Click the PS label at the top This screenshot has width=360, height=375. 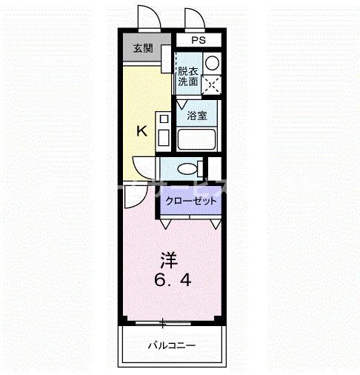(199, 40)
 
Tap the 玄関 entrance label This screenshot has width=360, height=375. (143, 49)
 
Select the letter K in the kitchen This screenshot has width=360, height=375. (142, 131)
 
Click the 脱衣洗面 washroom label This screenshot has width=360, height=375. (187, 76)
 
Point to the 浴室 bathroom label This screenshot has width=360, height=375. (196, 116)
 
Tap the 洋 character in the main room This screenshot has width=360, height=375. (170, 261)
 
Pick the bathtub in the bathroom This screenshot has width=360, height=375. (196, 139)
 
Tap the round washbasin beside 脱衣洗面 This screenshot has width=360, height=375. (211, 63)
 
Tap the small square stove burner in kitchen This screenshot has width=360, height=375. (163, 118)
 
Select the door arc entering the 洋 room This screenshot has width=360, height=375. (134, 196)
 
